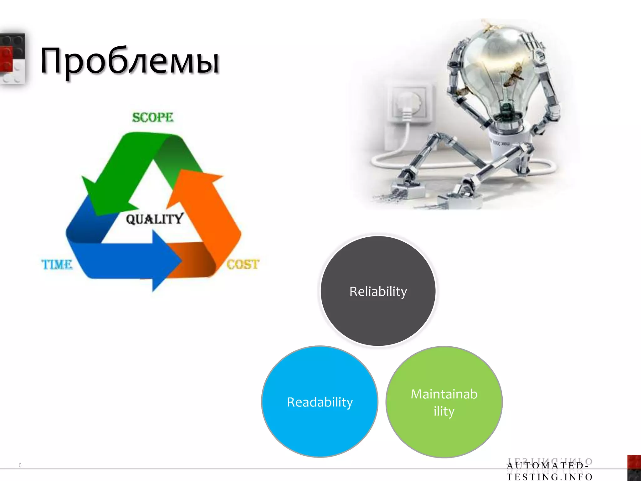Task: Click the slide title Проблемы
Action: (130, 61)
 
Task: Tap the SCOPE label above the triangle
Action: (152, 117)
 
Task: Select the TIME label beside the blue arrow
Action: (57, 265)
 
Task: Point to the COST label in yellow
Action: (243, 265)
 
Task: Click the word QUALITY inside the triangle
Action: (154, 219)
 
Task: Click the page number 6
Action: (20, 465)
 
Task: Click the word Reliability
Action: (378, 292)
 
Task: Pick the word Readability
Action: (320, 402)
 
